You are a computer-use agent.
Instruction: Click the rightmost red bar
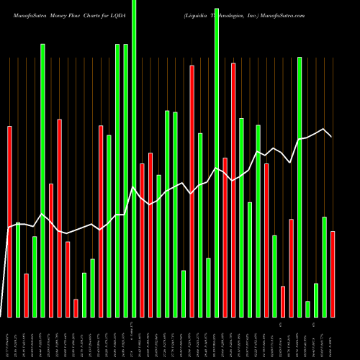pyautogui.click(x=333, y=274)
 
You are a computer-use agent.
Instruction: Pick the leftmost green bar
pyautogui.click(x=18, y=270)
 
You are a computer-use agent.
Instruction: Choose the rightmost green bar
pyautogui.click(x=324, y=266)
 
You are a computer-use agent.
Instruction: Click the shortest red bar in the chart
pyautogui.click(x=76, y=308)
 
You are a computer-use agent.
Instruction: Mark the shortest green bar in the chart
pyautogui.click(x=307, y=309)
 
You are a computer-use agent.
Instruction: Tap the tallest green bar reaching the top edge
pyautogui.click(x=134, y=158)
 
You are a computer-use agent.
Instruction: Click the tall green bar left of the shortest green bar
pyautogui.click(x=300, y=187)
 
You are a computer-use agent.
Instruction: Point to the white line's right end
pyautogui.click(x=331, y=136)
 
